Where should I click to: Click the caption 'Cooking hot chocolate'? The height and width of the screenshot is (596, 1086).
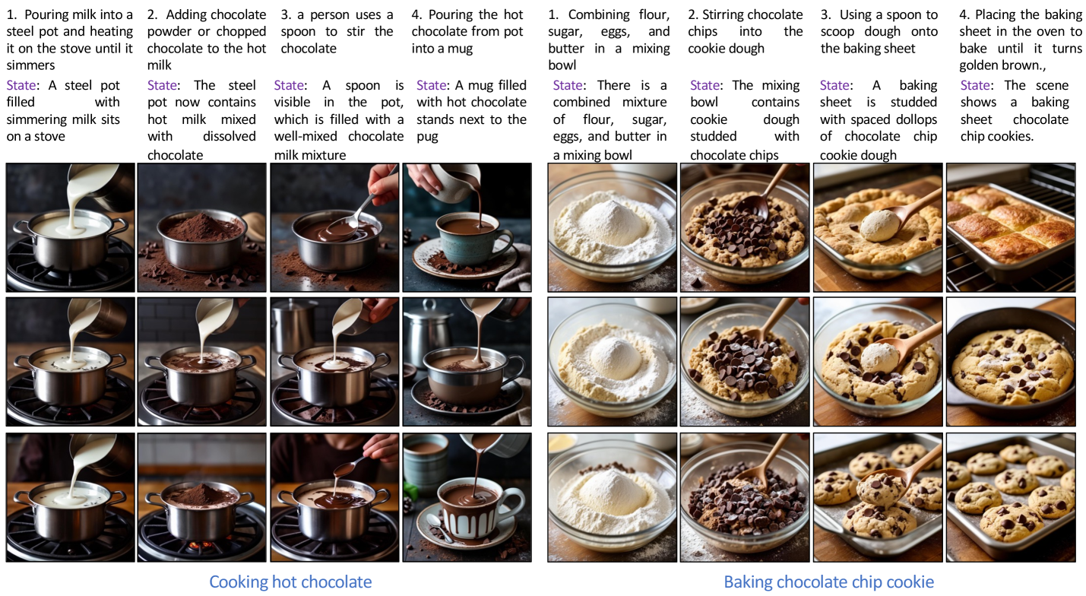click(x=290, y=582)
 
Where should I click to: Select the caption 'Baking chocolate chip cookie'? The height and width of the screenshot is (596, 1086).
click(x=828, y=582)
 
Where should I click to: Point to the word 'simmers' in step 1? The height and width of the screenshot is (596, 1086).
click(x=30, y=65)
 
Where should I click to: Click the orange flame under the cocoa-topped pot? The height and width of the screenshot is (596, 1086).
click(x=200, y=545)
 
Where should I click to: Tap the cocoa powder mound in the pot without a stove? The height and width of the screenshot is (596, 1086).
click(x=201, y=226)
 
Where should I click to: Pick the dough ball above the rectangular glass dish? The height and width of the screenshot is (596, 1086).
click(x=880, y=225)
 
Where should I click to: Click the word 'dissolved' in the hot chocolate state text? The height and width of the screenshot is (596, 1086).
click(x=230, y=136)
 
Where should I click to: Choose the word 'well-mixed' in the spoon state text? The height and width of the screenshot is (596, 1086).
click(x=306, y=136)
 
